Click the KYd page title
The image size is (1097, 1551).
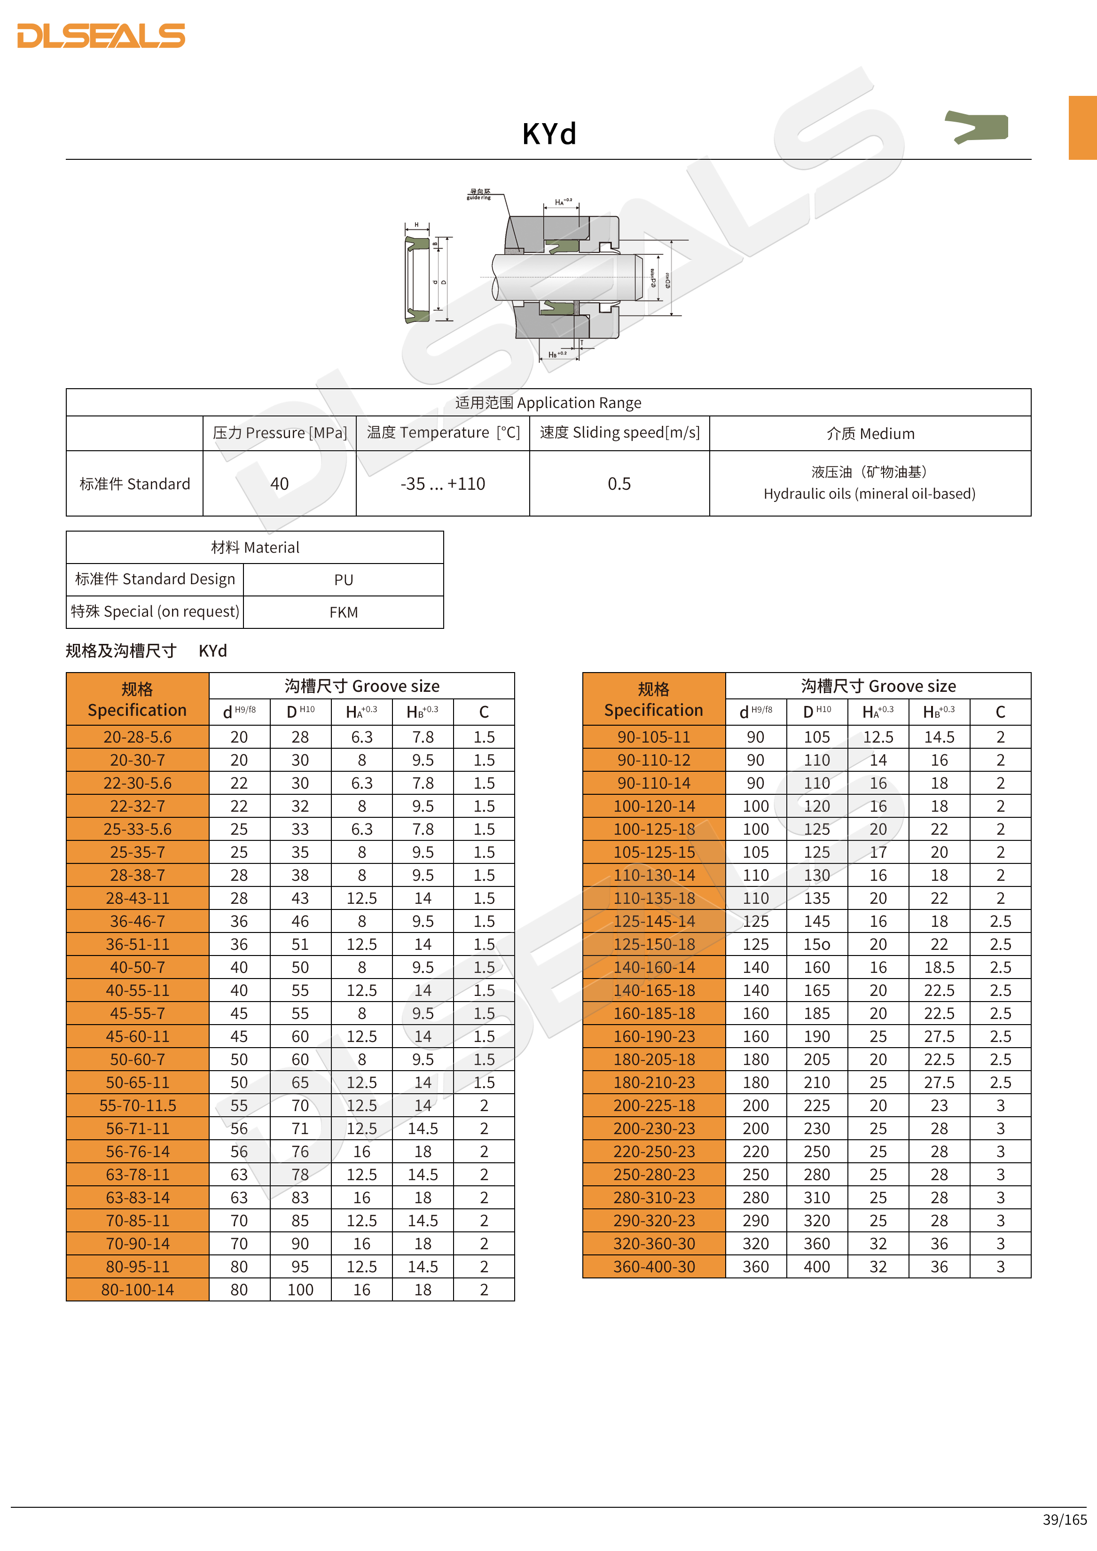[x=549, y=134]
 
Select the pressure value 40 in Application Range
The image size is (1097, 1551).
[x=279, y=484]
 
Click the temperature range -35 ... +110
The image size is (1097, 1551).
[x=442, y=484]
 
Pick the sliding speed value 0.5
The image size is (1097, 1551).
[x=619, y=484]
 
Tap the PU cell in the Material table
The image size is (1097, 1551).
[x=343, y=580]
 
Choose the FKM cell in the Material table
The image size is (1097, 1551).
[x=343, y=612]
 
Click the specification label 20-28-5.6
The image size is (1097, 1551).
[x=137, y=737]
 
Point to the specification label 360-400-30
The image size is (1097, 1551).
[x=654, y=1267]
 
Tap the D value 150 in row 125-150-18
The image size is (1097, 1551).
[x=817, y=944]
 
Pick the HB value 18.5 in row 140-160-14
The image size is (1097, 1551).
[x=939, y=967]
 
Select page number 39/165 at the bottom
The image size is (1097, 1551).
[x=1065, y=1519]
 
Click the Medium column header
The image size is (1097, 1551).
[x=870, y=434]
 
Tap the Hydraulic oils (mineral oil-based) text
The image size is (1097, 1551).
[x=870, y=494]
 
